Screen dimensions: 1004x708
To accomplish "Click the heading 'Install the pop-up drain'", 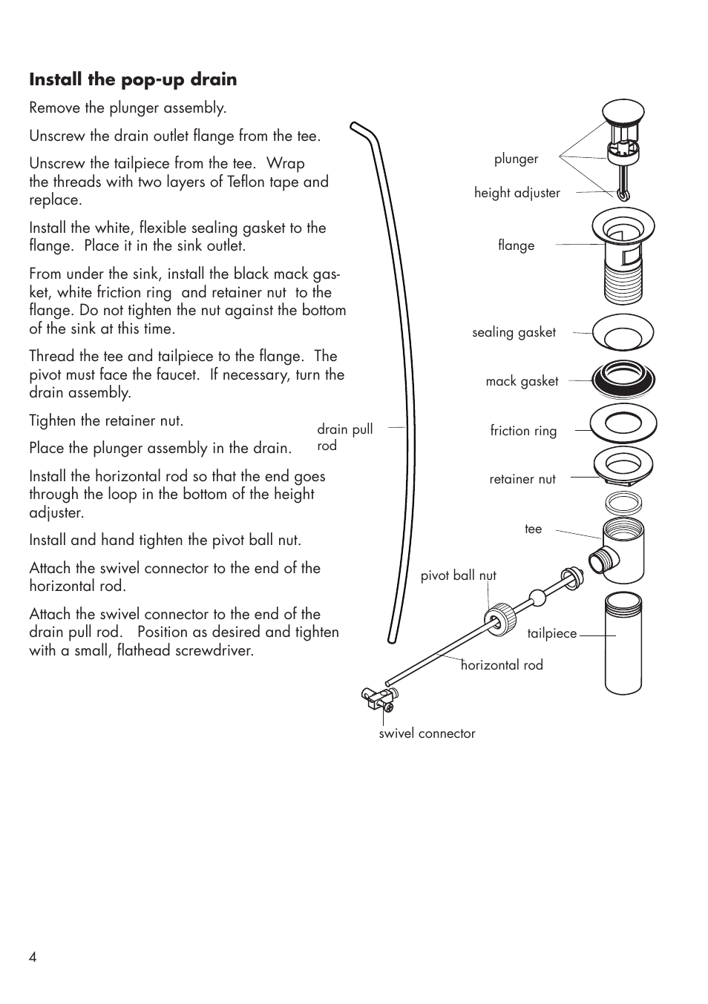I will click(133, 79).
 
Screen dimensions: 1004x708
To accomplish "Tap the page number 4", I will click(33, 957).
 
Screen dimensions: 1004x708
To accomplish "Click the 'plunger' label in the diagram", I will click(516, 159).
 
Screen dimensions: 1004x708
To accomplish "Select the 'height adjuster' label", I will click(517, 193).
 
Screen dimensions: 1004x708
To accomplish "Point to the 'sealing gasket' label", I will click(514, 332).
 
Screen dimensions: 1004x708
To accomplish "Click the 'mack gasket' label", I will click(522, 381).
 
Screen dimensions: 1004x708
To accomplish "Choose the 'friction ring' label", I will click(523, 431).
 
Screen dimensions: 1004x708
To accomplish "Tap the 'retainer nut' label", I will click(522, 479).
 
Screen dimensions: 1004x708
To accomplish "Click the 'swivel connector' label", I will click(427, 733).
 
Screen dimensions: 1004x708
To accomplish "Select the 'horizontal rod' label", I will click(502, 665).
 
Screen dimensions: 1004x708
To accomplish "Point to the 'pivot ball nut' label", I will click(458, 575).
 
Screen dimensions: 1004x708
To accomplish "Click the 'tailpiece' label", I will click(551, 633).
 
